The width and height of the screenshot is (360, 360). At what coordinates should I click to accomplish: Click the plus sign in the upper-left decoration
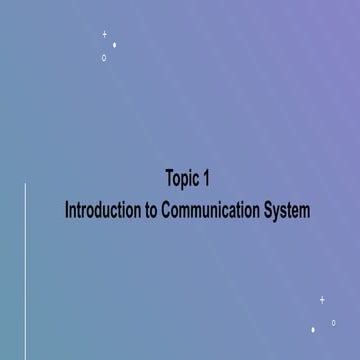104,35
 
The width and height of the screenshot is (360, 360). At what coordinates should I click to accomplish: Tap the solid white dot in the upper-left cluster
115,45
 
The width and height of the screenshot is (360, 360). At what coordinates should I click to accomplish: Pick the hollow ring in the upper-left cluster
104,58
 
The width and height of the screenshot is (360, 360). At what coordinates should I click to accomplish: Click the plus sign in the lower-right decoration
322,299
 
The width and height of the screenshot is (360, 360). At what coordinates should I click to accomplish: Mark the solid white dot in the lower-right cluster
313,329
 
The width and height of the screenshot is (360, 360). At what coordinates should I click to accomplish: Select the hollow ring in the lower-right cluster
333,322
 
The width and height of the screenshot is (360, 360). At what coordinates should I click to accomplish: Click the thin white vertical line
25,270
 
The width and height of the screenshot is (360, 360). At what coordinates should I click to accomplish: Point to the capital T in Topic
169,180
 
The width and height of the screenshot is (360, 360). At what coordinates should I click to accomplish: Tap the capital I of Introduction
66,211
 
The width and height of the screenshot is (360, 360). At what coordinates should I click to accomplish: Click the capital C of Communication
167,211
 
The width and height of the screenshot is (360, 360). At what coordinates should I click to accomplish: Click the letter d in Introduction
102,211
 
